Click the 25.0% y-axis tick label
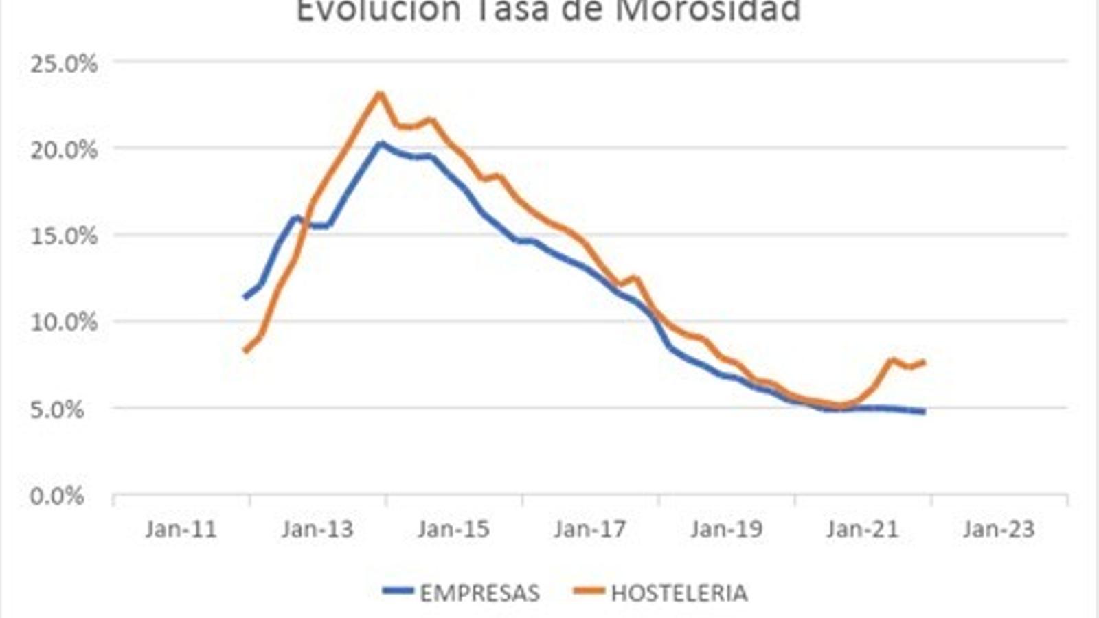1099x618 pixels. (x=63, y=64)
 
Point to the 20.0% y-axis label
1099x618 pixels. (x=63, y=150)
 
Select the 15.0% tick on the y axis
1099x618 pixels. (x=63, y=236)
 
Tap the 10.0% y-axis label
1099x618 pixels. (x=63, y=322)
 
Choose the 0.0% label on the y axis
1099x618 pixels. (x=57, y=496)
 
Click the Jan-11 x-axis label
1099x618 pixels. (x=181, y=529)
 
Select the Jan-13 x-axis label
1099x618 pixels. (x=317, y=529)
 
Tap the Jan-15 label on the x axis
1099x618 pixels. (x=453, y=529)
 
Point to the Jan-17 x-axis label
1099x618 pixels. (x=590, y=529)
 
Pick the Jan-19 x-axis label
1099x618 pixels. (x=726, y=529)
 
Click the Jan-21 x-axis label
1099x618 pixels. (x=863, y=529)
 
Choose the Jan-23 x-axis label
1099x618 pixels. (x=999, y=529)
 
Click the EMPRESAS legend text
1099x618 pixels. (x=479, y=593)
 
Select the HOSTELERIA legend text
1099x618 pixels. (x=679, y=593)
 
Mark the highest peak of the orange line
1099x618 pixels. (x=379, y=93)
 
